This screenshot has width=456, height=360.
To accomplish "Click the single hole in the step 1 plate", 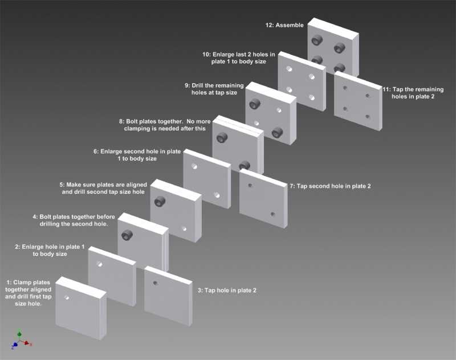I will tap(68, 297).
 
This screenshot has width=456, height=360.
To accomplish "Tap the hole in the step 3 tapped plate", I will tap(155, 283).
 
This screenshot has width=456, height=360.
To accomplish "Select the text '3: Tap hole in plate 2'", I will tap(227, 291).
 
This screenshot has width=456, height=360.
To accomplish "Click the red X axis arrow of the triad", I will tap(30, 344).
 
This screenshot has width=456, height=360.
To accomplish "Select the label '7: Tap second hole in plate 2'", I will tap(331, 186).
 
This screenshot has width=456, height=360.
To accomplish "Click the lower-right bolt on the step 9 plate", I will tap(278, 132).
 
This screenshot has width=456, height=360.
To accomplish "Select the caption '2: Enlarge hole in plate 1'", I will tap(50, 251).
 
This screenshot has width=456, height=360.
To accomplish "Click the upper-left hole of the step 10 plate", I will tap(290, 68).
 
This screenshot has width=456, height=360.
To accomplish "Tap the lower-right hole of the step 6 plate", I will tap(217, 194).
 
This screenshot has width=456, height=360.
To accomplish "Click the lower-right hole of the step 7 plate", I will tap(272, 214).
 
